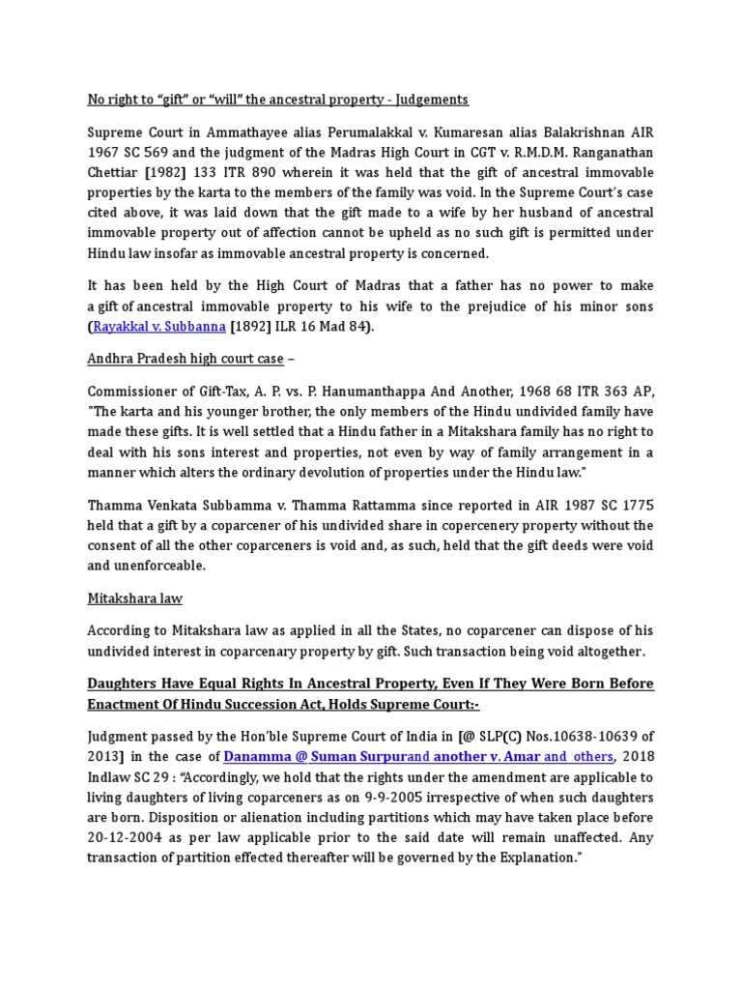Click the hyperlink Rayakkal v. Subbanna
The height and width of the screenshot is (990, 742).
(x=159, y=327)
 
